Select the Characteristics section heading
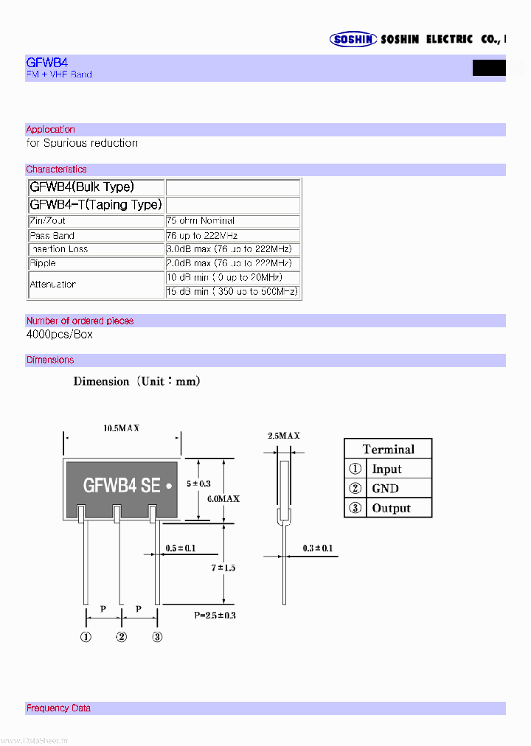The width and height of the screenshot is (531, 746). (x=56, y=170)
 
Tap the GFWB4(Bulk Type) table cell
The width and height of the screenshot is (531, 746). (x=82, y=187)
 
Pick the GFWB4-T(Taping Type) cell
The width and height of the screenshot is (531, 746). (x=95, y=205)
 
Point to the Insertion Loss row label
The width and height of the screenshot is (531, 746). (x=59, y=249)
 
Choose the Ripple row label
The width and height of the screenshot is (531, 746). (x=43, y=263)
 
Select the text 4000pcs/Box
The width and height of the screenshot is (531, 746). (x=60, y=335)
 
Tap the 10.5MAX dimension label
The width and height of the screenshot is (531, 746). (x=122, y=428)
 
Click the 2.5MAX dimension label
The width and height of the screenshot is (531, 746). (x=284, y=436)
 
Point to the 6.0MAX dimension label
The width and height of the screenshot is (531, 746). (x=222, y=499)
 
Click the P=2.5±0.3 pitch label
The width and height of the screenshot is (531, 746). (x=215, y=615)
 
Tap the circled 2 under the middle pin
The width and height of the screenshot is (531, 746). (x=122, y=637)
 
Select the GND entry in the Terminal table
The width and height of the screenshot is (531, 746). (x=386, y=489)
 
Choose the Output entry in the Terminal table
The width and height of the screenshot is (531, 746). (x=391, y=509)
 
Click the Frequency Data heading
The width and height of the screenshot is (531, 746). (x=58, y=708)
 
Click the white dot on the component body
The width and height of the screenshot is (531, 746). (x=170, y=487)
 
